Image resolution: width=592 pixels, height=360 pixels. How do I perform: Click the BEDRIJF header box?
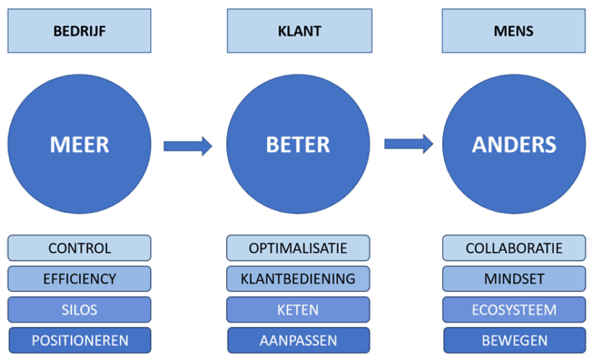80,31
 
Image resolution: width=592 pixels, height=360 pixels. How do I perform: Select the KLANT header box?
298,31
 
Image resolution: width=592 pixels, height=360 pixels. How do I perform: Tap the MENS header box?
513,31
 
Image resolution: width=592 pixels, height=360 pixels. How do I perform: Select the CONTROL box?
80,248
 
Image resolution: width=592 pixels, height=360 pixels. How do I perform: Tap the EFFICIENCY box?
80,279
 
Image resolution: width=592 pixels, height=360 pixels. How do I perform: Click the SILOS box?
80,309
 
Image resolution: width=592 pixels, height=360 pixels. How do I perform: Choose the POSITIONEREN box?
80,340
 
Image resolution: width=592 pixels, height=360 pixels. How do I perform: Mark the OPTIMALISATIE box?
298,248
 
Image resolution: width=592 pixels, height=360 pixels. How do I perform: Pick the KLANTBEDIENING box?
298,279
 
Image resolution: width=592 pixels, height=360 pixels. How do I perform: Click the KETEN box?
298,309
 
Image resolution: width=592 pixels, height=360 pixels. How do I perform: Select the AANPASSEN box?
298,340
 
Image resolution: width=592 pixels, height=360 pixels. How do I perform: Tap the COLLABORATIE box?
514,248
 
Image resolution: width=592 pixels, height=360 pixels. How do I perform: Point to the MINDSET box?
514,279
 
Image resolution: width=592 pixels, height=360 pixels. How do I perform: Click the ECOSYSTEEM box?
514,309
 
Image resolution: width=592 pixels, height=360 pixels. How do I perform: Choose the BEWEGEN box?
514,340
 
